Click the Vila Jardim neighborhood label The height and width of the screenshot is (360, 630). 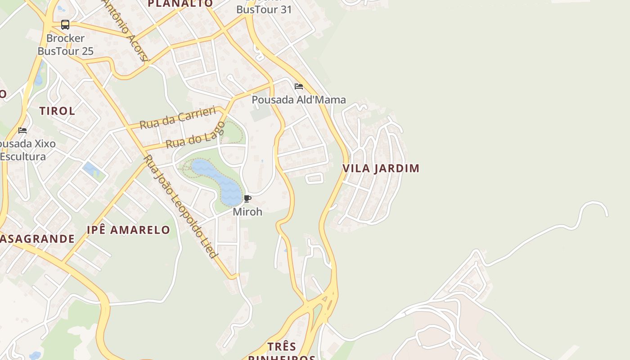381,168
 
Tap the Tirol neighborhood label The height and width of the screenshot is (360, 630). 57,111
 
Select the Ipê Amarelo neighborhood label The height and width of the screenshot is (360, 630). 128,230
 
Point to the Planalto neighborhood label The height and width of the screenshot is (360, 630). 180,4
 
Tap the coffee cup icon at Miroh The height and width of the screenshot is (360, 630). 247,198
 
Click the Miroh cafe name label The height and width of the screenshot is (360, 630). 247,211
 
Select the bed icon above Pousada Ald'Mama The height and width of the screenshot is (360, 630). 299,86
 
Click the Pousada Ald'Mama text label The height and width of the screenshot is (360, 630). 299,99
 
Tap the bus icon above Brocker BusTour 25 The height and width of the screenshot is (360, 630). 65,25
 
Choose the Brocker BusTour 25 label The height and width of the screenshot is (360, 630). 65,45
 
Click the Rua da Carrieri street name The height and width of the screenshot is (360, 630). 178,118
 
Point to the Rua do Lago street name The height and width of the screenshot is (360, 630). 195,135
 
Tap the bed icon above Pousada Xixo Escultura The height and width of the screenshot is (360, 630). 22,130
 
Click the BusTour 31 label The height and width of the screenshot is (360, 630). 264,9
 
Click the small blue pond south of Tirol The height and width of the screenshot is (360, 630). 90,169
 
